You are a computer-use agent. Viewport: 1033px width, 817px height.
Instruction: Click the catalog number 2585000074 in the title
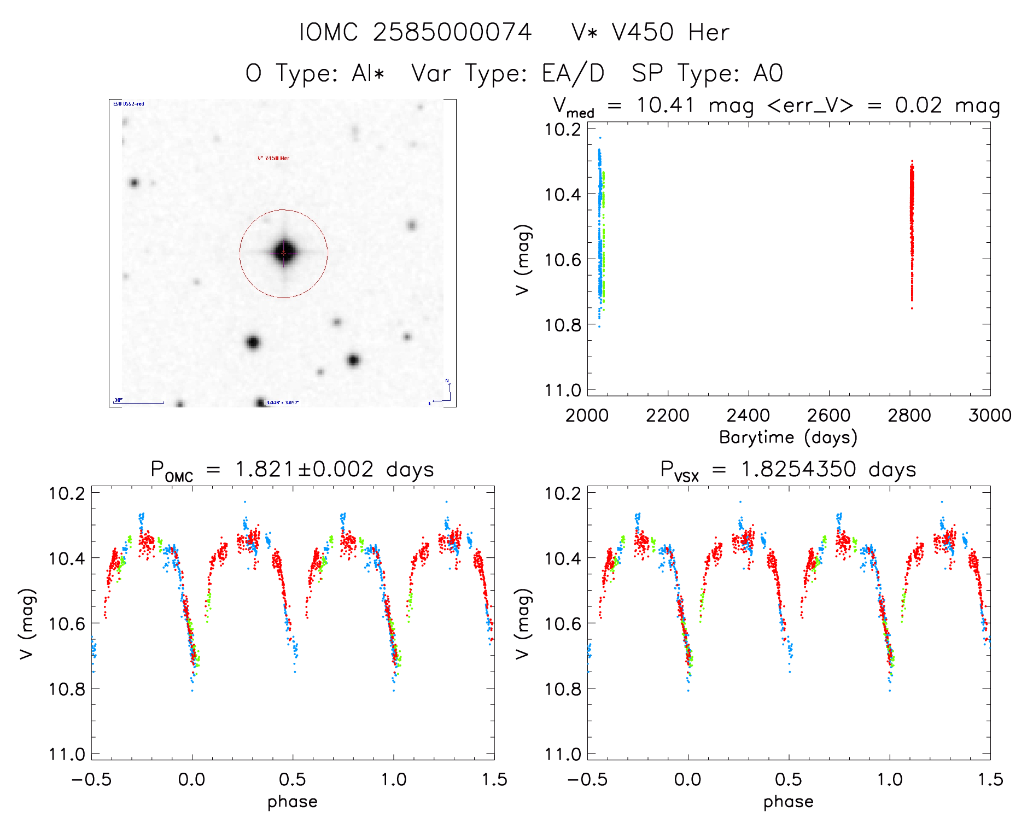pyautogui.click(x=452, y=32)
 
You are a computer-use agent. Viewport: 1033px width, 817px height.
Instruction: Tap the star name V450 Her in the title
pyautogui.click(x=670, y=32)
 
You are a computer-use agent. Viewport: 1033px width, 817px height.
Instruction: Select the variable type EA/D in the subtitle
pyautogui.click(x=573, y=73)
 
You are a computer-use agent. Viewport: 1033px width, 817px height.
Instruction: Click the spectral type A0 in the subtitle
pyautogui.click(x=768, y=73)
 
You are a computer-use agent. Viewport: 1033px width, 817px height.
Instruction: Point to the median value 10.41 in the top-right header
pyautogui.click(x=665, y=104)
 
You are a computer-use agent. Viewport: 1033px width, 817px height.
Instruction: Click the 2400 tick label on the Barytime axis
pyautogui.click(x=748, y=416)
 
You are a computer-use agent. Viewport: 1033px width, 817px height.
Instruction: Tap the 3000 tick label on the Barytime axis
pyautogui.click(x=989, y=416)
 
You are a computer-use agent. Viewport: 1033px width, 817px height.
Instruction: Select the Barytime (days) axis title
pyautogui.click(x=788, y=437)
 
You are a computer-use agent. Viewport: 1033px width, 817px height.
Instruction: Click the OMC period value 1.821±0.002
pyautogui.click(x=305, y=469)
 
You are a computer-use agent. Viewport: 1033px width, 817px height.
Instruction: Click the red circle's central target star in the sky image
pyautogui.click(x=284, y=253)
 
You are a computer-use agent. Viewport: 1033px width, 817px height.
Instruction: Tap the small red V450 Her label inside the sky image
pyautogui.click(x=273, y=158)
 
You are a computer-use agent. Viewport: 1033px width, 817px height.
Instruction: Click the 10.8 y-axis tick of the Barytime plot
pyautogui.click(x=562, y=325)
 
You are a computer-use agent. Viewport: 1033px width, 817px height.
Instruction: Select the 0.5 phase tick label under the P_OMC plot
pyautogui.click(x=293, y=780)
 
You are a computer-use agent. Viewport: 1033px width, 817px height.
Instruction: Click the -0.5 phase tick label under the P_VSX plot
pyautogui.click(x=587, y=780)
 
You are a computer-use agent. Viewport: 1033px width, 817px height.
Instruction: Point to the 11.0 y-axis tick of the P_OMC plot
pyautogui.click(x=67, y=755)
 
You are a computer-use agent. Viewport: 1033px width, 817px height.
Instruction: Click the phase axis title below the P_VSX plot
pyautogui.click(x=788, y=802)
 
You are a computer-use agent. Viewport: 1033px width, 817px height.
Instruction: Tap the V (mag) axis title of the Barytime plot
pyautogui.click(x=523, y=259)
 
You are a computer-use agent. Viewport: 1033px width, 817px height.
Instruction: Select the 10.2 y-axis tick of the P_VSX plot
pyautogui.click(x=562, y=493)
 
